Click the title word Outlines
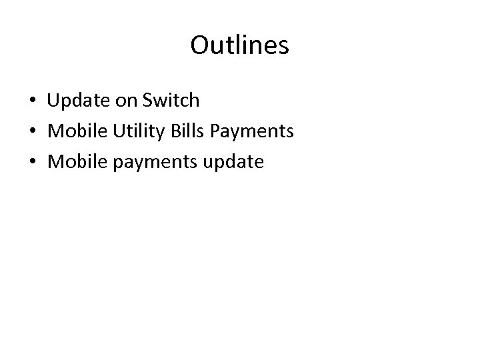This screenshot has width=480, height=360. point(239,45)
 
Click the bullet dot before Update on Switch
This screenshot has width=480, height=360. point(32,101)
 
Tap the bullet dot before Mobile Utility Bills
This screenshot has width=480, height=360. point(32,132)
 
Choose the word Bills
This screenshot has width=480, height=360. point(187,131)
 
